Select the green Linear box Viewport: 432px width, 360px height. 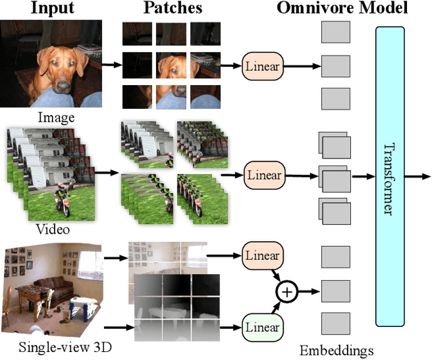tap(263, 327)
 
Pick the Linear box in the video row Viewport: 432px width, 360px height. tap(263, 176)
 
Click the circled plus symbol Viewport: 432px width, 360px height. tap(288, 292)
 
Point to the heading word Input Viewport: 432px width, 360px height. tap(49, 9)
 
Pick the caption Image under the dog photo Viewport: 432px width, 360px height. tap(56, 118)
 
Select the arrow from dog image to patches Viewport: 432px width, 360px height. tap(111, 66)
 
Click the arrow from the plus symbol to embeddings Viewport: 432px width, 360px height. tap(308, 292)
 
